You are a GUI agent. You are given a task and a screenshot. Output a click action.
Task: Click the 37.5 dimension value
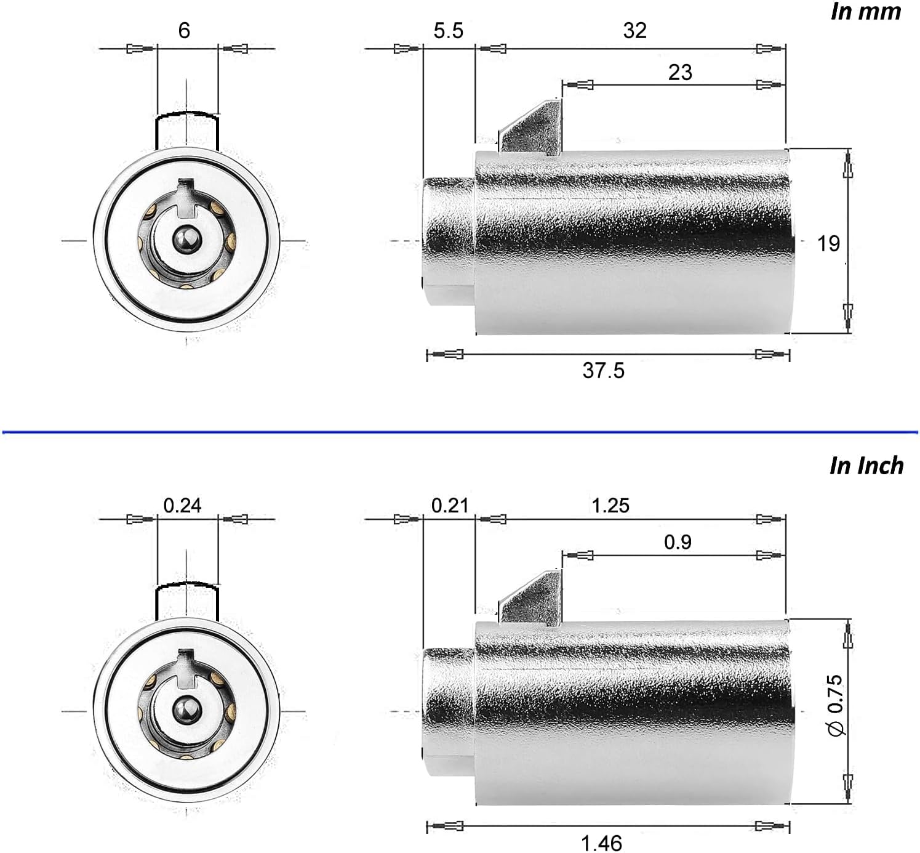tap(603, 371)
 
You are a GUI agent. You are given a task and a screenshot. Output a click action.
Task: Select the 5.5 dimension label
tap(449, 31)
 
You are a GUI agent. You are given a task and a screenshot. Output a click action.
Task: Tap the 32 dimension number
tap(634, 31)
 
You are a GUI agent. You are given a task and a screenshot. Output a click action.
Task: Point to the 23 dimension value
tap(680, 72)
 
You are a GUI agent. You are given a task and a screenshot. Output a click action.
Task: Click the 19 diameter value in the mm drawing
tap(828, 243)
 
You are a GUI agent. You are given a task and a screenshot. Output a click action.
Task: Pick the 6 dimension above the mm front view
tap(184, 31)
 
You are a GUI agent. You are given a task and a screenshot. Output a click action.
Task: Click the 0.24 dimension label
tap(183, 506)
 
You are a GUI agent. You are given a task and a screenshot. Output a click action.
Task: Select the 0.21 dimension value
tap(450, 506)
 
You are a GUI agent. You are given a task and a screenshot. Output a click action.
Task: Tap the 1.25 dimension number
tap(610, 506)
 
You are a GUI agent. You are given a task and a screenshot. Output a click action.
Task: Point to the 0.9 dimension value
tap(678, 542)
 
